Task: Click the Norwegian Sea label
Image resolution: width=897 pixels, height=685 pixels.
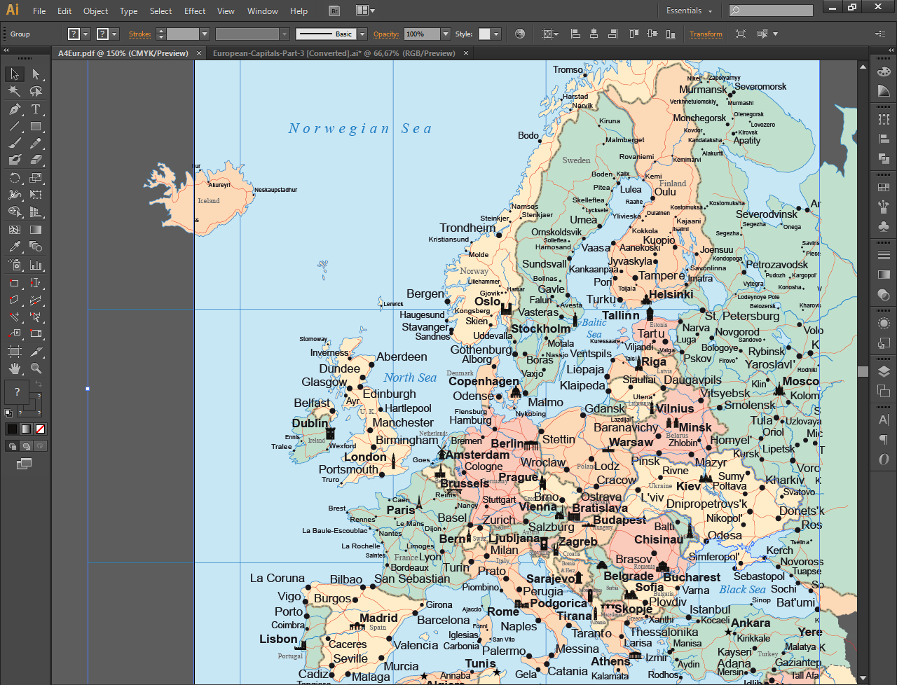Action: point(360,129)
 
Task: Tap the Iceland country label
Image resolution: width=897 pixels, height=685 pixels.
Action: point(208,201)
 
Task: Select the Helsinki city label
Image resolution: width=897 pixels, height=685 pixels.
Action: point(671,294)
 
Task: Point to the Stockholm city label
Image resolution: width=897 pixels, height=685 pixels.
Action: point(540,328)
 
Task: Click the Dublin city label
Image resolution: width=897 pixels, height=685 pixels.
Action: point(310,423)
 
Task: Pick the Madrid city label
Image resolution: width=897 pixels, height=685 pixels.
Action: point(378,618)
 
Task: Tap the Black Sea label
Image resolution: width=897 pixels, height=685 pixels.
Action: point(742,590)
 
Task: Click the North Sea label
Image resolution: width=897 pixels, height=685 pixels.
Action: point(410,378)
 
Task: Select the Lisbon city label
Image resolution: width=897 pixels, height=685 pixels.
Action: point(278,639)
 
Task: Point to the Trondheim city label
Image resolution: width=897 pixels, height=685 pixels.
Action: point(467,228)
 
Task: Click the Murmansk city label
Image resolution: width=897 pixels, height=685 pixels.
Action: point(703,90)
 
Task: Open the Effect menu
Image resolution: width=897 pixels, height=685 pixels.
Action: point(195,11)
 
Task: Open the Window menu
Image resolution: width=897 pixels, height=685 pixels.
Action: point(263,11)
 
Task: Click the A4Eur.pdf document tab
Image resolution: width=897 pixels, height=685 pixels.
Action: point(123,53)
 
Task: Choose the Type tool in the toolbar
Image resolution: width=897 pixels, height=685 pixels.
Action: point(36,109)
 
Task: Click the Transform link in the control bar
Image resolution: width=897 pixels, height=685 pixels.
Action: point(706,34)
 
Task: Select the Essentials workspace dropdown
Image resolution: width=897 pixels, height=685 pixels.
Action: point(688,11)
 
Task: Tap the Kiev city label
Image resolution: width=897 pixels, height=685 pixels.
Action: point(688,486)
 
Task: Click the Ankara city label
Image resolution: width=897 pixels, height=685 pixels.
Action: point(751,623)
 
